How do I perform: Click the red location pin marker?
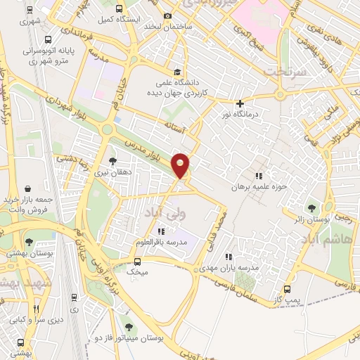[181, 165]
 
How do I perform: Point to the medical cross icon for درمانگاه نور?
[240, 103]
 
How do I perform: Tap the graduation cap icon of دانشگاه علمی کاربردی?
[178, 72]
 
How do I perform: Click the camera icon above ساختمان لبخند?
[167, 16]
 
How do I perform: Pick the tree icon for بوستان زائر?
[311, 207]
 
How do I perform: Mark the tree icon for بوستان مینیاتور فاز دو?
[128, 327]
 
